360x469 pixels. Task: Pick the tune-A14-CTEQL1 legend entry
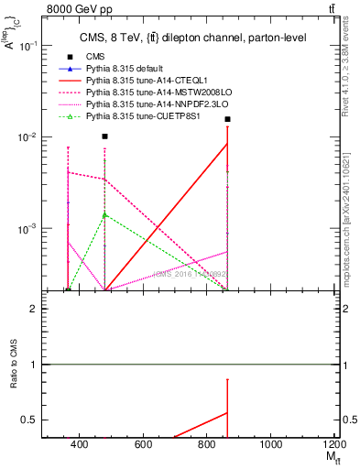click(x=137, y=81)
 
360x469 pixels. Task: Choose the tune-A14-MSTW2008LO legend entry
click(x=147, y=93)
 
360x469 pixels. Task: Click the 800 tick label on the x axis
click(x=207, y=445)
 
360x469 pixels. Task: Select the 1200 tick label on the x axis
click(x=333, y=445)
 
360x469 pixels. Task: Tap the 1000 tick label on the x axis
click(x=270, y=445)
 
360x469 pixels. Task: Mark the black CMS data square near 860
click(x=227, y=119)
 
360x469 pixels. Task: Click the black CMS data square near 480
click(x=105, y=136)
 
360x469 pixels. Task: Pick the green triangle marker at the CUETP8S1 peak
click(x=105, y=214)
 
